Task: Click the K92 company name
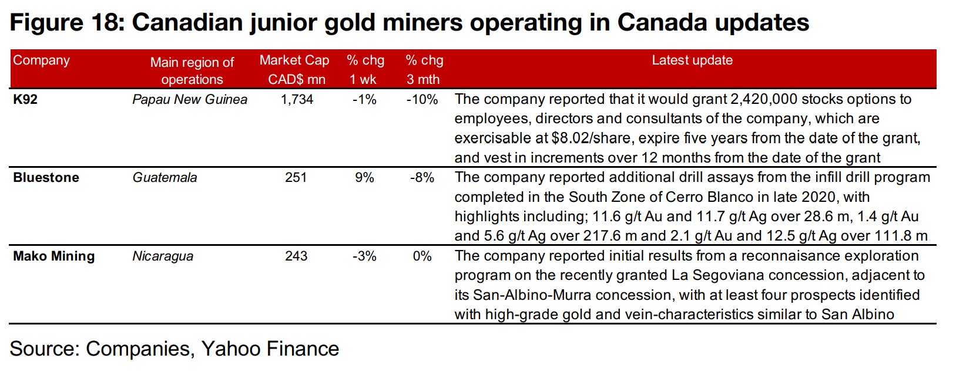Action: click(x=25, y=100)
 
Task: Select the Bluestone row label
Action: click(x=46, y=178)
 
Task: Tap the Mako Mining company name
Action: click(x=53, y=256)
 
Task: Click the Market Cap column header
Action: click(x=294, y=69)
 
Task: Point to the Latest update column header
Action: click(x=692, y=60)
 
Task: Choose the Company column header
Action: click(x=41, y=60)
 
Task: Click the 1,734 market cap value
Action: click(x=297, y=100)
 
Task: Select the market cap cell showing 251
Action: click(x=296, y=178)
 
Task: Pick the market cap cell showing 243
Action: click(x=296, y=256)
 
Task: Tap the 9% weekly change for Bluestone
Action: click(x=364, y=178)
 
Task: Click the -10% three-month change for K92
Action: click(x=422, y=100)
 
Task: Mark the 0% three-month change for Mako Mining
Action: click(x=422, y=256)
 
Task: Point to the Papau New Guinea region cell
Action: click(x=189, y=100)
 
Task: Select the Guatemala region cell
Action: click(x=165, y=178)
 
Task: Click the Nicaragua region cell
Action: click(x=163, y=256)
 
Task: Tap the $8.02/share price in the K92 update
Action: click(x=592, y=138)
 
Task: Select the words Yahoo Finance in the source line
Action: click(x=270, y=349)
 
